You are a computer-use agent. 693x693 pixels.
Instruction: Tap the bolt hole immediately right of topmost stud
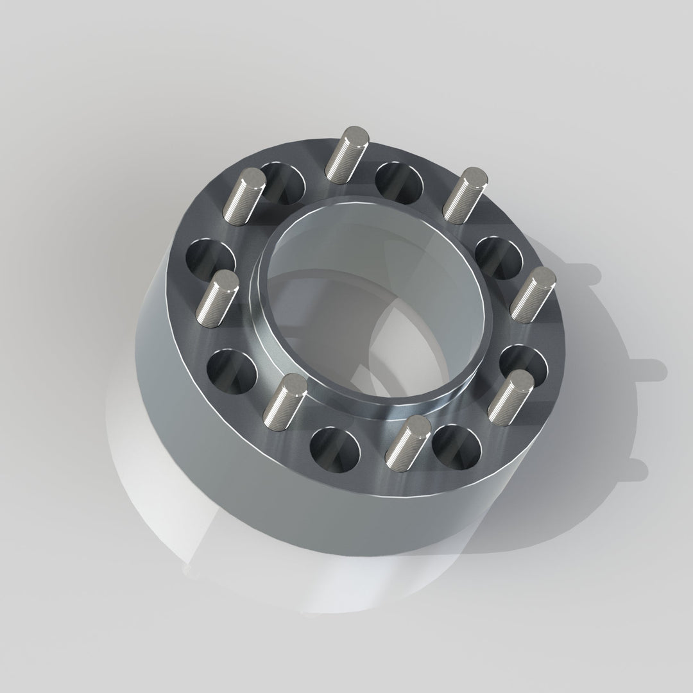[x=399, y=180]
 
